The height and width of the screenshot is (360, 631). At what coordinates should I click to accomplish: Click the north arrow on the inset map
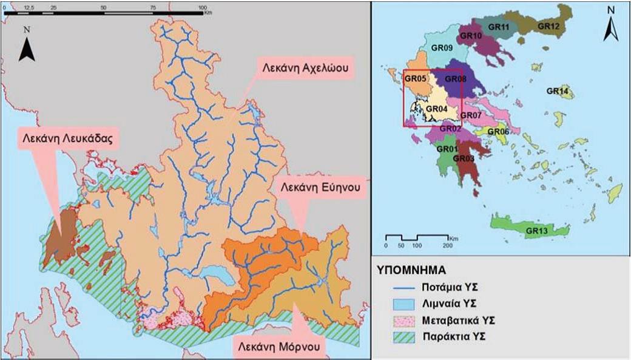(x=611, y=30)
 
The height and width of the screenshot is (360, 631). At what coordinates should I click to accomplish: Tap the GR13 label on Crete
(x=538, y=231)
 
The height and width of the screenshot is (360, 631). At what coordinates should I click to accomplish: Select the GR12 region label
(x=548, y=27)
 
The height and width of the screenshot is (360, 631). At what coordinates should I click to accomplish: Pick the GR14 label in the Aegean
(x=557, y=91)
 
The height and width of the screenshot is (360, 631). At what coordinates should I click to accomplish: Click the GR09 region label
(x=442, y=47)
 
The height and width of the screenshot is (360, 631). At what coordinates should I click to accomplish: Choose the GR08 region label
(x=455, y=79)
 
